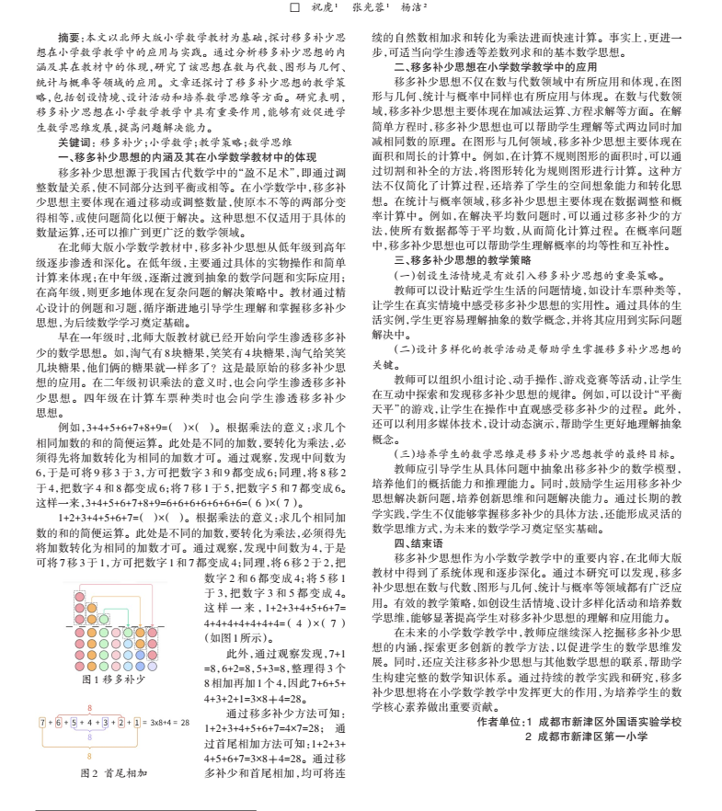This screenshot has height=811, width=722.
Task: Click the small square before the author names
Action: pos(295,7)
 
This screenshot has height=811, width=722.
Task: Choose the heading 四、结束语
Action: pos(418,543)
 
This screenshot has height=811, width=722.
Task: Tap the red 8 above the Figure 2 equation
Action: pos(89,707)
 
